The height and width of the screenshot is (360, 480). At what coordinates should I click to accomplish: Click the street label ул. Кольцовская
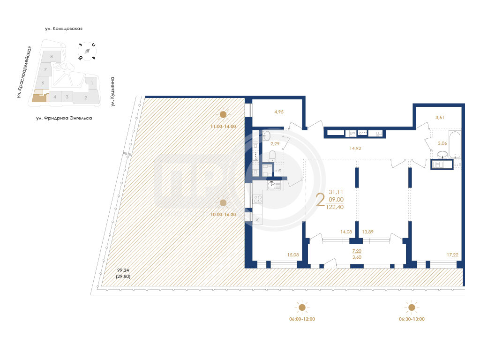[64, 29]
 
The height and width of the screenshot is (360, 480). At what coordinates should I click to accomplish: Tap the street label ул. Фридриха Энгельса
[64, 118]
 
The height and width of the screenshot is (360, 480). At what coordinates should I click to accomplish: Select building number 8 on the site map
[52, 56]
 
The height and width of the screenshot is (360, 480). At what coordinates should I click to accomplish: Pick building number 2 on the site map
[86, 98]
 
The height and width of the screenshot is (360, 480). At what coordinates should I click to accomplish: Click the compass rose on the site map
[87, 51]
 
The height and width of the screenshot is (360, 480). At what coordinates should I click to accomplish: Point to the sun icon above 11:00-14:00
[223, 114]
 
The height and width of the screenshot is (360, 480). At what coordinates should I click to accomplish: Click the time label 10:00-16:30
[223, 215]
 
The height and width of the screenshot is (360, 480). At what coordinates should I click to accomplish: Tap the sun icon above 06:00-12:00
[302, 307]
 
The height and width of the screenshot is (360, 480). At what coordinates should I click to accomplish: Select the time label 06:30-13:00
[412, 319]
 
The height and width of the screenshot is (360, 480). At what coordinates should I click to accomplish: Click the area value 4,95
[279, 112]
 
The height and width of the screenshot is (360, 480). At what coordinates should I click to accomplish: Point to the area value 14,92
[355, 148]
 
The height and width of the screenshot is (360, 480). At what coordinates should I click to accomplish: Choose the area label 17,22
[452, 255]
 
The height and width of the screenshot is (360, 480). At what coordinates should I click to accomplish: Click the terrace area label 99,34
[123, 270]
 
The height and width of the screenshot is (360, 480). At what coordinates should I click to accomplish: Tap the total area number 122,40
[335, 207]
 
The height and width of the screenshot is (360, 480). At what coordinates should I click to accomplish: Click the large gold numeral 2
[320, 200]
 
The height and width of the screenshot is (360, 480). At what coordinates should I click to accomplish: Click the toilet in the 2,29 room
[272, 156]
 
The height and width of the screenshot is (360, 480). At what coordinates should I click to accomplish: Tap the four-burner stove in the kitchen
[257, 199]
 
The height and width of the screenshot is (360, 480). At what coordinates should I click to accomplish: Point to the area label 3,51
[440, 117]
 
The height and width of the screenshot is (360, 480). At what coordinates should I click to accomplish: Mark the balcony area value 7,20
[357, 251]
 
